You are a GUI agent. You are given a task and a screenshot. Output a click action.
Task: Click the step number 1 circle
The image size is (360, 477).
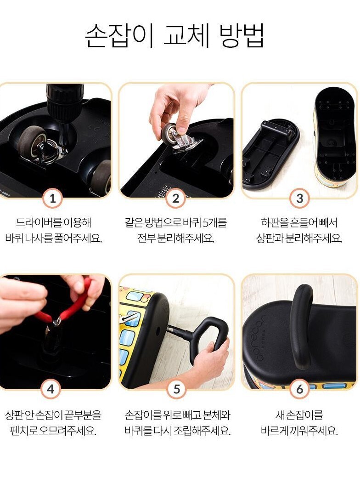pyautogui.click(x=53, y=199)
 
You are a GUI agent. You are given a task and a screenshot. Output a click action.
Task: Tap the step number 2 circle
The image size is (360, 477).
pyautogui.click(x=176, y=199)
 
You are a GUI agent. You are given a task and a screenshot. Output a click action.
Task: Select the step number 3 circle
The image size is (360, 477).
pyautogui.click(x=299, y=199)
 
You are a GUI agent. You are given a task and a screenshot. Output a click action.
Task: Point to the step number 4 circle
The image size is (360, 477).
pyautogui.click(x=51, y=389)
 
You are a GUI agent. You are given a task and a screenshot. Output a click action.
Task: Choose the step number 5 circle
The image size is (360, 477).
pyautogui.click(x=177, y=389)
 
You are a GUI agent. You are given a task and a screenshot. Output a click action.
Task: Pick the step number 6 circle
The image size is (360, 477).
pyautogui.click(x=300, y=389)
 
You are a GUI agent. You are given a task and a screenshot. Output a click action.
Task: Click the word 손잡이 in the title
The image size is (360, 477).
pyautogui.click(x=119, y=35)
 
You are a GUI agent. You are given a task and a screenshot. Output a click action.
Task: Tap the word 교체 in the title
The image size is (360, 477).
pyautogui.click(x=186, y=35)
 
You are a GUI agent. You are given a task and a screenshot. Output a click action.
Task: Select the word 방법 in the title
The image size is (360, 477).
pyautogui.click(x=241, y=35)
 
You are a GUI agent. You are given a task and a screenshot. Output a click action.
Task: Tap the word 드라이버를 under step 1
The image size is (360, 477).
pyautogui.click(x=38, y=222)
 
